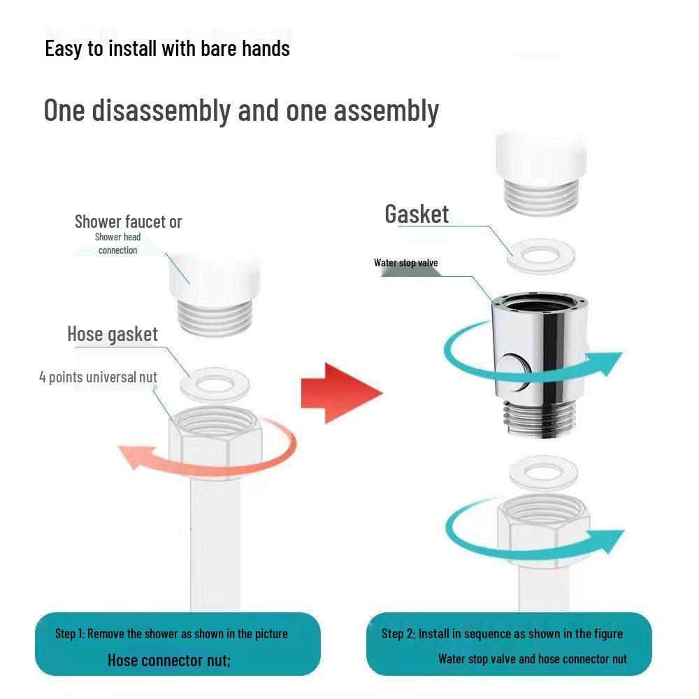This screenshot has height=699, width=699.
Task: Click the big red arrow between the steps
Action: [341, 393]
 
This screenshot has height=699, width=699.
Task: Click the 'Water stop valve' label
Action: [405, 263]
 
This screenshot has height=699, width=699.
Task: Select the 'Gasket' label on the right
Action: [417, 214]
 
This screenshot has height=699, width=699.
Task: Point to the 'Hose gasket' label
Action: [113, 334]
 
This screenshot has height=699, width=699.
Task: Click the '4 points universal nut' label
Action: [98, 377]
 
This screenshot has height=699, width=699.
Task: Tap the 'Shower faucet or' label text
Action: [128, 222]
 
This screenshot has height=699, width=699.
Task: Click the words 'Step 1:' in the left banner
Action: [69, 633]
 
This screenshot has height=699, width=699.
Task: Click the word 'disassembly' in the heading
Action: [161, 110]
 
